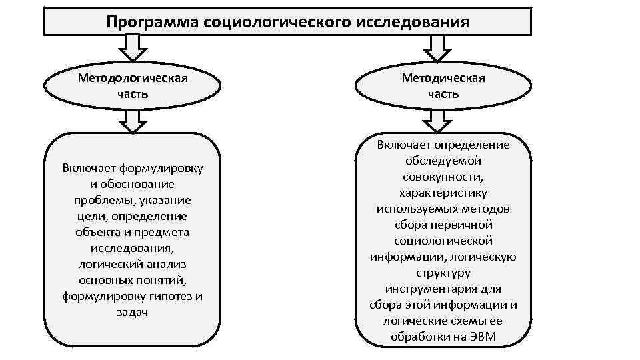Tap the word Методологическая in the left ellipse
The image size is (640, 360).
coord(133,78)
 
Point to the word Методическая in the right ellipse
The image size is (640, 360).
coord(443,78)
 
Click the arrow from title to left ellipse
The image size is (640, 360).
coord(133,47)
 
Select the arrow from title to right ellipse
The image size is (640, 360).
coord(437,47)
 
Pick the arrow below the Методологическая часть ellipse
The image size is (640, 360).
coord(133,121)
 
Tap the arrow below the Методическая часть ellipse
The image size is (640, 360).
coord(437,121)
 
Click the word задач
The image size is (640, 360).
coord(133,312)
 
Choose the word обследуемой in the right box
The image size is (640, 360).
coord(443,161)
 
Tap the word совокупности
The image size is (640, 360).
coord(443,177)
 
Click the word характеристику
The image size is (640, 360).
coord(443,193)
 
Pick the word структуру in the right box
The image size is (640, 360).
coord(443,273)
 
